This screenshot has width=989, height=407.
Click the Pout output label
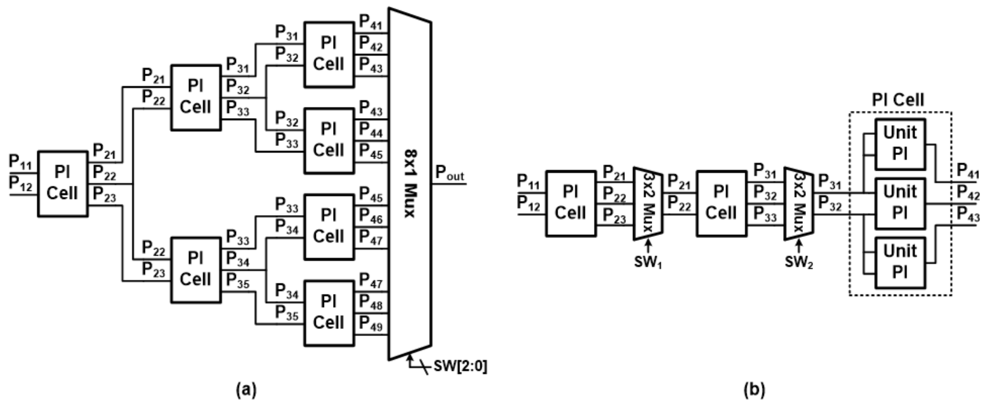[x=449, y=173]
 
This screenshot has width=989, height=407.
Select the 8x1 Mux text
[x=410, y=184]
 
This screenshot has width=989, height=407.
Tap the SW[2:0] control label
[x=460, y=366]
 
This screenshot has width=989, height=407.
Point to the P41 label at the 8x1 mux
[x=371, y=23]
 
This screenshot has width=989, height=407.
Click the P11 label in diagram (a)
[x=20, y=162]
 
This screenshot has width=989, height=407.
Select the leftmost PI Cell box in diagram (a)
[x=62, y=184]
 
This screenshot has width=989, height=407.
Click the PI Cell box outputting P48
[x=329, y=314]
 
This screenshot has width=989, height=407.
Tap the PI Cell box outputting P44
[x=329, y=141]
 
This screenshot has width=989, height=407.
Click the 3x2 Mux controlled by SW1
[x=648, y=203]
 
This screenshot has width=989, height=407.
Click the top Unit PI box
[x=900, y=144]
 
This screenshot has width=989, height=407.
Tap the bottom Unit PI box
[x=900, y=263]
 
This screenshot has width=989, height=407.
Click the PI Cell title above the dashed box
[x=898, y=100]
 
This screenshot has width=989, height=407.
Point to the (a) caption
[x=246, y=390]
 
